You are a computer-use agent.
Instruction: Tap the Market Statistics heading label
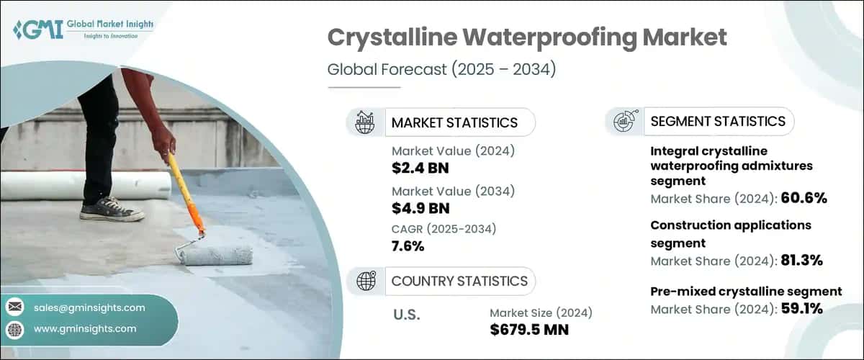(454, 122)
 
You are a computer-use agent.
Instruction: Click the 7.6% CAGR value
(408, 246)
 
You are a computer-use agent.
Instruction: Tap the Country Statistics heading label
(459, 281)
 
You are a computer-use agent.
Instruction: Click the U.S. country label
(407, 315)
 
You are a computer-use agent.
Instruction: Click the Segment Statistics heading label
(718, 122)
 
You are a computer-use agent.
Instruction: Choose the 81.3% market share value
(803, 260)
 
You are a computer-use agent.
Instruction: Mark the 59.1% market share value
(803, 310)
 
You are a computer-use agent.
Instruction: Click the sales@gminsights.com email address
(89, 307)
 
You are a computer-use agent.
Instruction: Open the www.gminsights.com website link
(85, 328)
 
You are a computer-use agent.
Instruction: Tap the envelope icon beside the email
(14, 307)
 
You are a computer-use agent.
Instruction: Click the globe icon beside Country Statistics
(366, 281)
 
